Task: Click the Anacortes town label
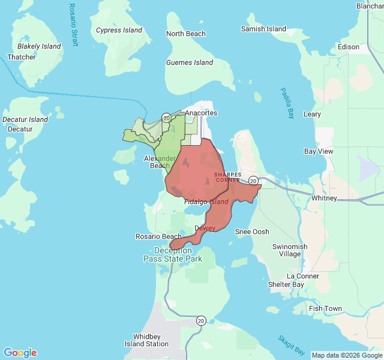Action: point(201,113)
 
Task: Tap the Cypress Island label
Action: point(119,30)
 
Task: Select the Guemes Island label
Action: point(190,62)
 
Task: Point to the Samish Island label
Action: point(263,29)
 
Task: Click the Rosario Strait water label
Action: point(73,25)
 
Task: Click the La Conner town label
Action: point(303,276)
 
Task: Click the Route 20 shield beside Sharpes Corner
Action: point(254,180)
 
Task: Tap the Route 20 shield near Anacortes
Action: point(166,118)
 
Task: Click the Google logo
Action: point(20,353)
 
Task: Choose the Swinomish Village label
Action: point(290,250)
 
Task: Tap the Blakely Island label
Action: point(39,46)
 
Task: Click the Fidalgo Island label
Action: point(206,202)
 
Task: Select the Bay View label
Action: point(319,152)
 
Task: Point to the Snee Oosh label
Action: point(252,232)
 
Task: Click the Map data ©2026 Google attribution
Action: point(347,355)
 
